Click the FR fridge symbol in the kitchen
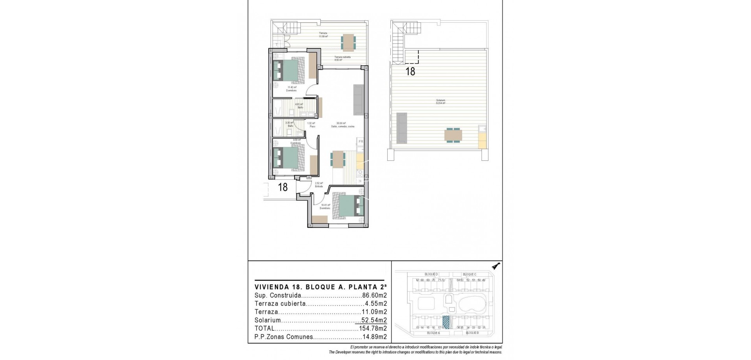[361, 142]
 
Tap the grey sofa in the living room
[359, 99]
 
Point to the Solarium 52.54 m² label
[441, 102]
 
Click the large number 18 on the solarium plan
[410, 72]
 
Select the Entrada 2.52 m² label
[319, 185]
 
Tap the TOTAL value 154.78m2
[373, 328]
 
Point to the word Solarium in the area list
[268, 320]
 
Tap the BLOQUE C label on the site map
[469, 274]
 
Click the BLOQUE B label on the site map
[472, 333]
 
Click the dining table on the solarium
[453, 135]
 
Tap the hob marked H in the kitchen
[360, 181]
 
